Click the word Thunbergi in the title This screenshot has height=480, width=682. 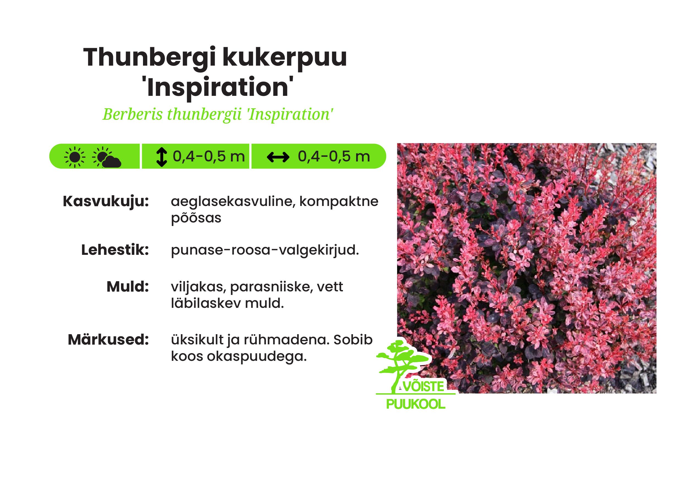[x=148, y=57]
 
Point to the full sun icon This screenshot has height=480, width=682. [x=75, y=157]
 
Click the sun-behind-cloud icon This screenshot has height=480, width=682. [x=106, y=157]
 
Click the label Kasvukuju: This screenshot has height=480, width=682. [x=106, y=202]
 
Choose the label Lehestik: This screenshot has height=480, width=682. [x=115, y=250]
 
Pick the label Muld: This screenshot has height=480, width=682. [x=127, y=287]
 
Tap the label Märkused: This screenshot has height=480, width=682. [x=108, y=340]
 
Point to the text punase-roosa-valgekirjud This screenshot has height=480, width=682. [x=265, y=250]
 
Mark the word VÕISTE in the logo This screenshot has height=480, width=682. [x=424, y=387]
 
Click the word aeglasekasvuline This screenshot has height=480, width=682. [x=233, y=202]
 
